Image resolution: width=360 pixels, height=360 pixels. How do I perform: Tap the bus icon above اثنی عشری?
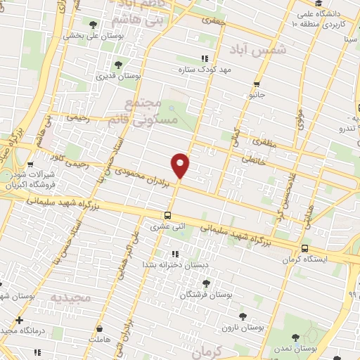pos(167,216)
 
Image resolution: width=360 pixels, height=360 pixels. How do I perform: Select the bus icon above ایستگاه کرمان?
pos(304,248)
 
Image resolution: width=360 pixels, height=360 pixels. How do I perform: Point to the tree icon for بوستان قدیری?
pos(127,65)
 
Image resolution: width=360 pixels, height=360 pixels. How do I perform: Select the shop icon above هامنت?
pos(100,328)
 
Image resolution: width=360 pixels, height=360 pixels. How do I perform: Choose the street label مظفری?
pos(270,146)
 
